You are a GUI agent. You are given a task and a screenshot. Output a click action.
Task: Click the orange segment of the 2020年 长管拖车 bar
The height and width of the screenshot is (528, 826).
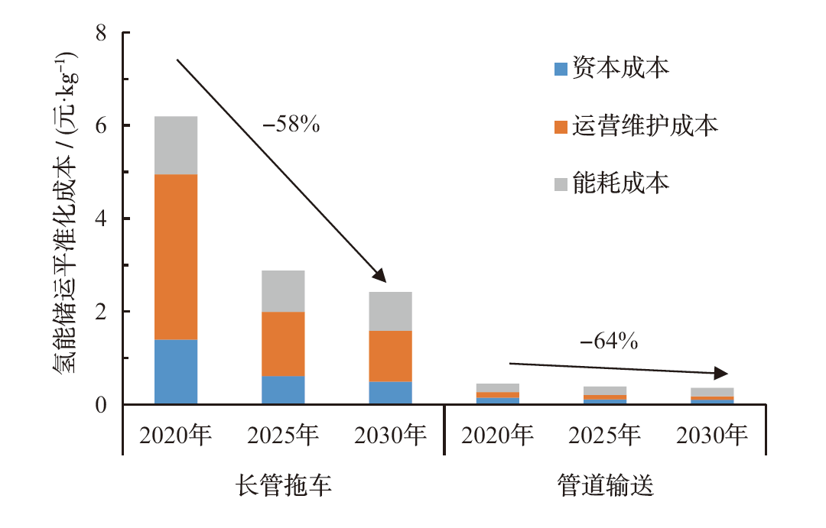176,257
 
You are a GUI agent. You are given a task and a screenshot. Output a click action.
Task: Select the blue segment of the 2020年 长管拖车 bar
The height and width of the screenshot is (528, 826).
176,371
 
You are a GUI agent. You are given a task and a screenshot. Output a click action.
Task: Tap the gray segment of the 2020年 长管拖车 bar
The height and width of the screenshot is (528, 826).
176,145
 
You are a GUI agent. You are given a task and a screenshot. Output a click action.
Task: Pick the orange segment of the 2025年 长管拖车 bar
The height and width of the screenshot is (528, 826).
283,344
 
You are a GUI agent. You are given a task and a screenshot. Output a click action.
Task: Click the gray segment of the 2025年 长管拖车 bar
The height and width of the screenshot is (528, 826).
283,291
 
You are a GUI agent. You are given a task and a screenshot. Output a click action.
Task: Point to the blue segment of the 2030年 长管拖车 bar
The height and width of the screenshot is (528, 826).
390,393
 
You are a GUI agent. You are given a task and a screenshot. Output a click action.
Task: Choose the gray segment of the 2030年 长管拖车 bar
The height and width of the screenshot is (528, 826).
390,311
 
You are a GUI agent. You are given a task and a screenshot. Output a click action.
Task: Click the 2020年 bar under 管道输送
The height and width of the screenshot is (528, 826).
497,394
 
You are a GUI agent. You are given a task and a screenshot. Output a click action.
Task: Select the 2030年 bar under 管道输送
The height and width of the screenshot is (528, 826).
711,396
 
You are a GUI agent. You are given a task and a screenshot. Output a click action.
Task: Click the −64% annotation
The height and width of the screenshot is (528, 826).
609,342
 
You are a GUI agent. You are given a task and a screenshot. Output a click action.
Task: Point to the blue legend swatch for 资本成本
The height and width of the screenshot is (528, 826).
560,70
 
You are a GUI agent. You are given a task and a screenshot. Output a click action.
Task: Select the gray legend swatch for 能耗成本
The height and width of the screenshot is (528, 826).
560,183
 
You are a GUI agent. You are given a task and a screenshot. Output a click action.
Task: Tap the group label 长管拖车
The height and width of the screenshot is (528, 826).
283,487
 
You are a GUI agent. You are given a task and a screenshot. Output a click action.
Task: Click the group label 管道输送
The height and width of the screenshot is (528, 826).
605,487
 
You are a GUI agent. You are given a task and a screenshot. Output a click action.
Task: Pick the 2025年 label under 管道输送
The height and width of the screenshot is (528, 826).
604,436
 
